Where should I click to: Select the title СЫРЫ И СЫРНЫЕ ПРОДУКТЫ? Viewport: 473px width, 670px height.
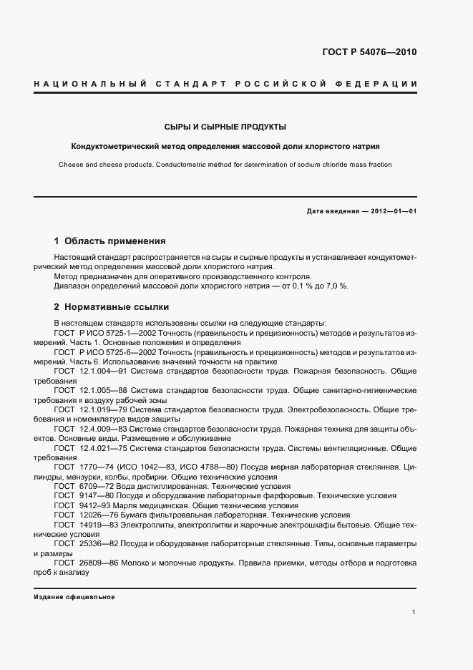[225, 127]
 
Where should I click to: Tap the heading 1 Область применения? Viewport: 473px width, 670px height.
[110, 241]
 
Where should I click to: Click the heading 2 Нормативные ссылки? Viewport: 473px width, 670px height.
[112, 307]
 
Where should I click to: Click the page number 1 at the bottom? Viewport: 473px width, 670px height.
[414, 613]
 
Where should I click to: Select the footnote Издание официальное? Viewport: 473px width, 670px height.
[74, 596]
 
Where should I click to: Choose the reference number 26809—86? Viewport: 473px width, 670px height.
[100, 563]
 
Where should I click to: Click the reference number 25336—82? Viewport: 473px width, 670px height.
[100, 543]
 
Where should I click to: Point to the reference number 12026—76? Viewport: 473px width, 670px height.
[100, 514]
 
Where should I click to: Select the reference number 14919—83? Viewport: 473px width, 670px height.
[100, 524]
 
